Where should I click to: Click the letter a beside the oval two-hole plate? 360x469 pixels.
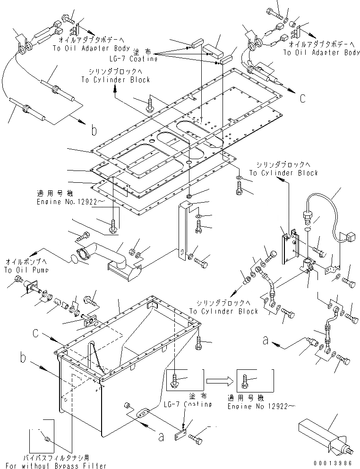click(x=161, y=437)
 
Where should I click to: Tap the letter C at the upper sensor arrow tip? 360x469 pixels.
click(x=302, y=98)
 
